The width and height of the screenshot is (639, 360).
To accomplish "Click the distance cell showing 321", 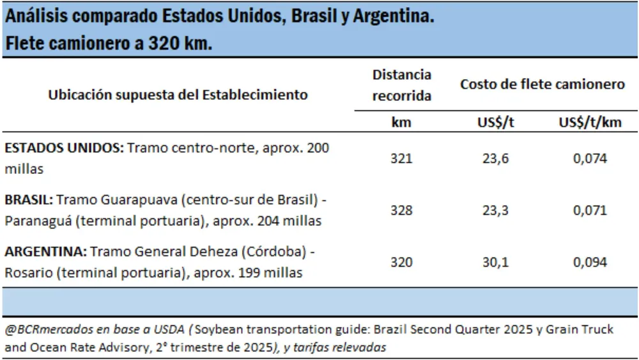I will coord(401,159).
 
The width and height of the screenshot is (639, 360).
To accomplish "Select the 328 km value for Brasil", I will coord(401,210).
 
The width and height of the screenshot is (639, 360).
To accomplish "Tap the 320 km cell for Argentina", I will coord(401,262).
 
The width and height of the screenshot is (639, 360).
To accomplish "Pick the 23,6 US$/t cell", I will coord(495,159).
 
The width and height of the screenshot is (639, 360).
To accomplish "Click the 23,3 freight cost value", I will coord(495,210).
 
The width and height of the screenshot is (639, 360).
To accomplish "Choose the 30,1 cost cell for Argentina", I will coord(495,262).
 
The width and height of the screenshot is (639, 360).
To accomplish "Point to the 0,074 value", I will coord(590,159).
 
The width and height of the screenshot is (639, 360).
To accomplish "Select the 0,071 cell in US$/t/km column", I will coord(590,210).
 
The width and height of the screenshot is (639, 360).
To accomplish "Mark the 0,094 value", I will coord(590,262).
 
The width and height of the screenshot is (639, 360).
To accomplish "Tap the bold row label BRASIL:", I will coord(29,200).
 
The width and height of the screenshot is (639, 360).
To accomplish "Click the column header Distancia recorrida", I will coord(401,85).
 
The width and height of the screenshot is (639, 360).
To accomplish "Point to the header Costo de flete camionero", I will coord(543,84).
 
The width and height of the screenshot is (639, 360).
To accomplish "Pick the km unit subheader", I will coord(401,123).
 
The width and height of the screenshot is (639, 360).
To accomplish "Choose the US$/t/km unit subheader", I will coord(590,123).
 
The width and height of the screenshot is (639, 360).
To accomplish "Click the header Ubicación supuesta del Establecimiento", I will coord(178,95).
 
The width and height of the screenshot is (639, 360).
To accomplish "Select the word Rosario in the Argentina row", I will coord(26,272).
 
